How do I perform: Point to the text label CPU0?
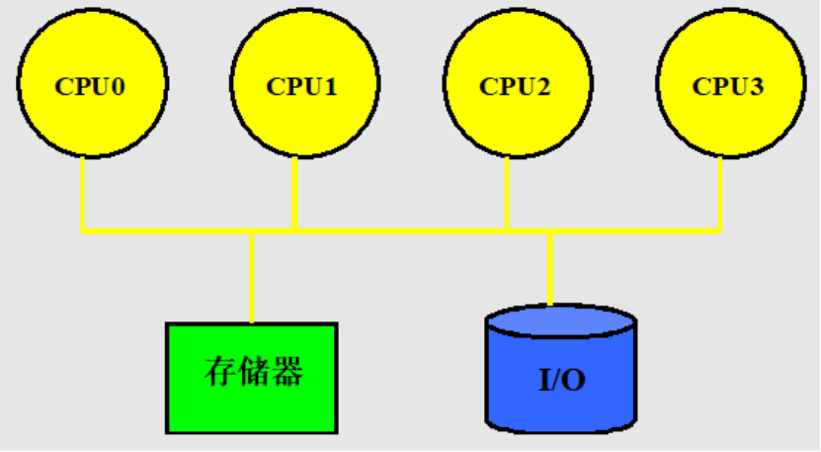90,86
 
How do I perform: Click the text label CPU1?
301,86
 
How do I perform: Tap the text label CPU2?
514,86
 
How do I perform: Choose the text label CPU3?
727,86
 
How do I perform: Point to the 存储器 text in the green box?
253,373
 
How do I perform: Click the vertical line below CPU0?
83,193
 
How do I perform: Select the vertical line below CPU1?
295,193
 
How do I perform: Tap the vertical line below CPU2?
508,193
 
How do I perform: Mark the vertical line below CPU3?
720,193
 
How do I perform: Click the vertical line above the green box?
252,277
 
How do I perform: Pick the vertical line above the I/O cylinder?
550,267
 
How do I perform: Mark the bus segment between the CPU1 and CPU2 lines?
401,231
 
